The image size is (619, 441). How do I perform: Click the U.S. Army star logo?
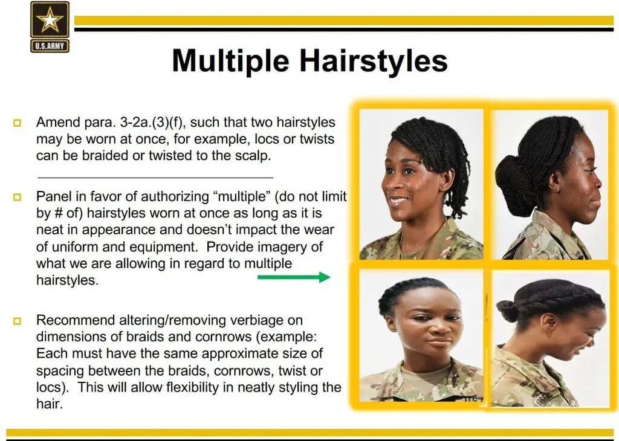pyautogui.click(x=50, y=27)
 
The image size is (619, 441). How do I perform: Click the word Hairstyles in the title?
pyautogui.click(x=374, y=61)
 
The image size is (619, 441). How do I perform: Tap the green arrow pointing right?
pyautogui.click(x=294, y=277)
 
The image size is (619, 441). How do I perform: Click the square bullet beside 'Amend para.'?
pyautogui.click(x=17, y=123)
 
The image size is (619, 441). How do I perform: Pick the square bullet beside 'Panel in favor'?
pyautogui.click(x=17, y=197)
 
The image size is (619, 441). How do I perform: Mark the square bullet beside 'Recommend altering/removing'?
pyautogui.click(x=17, y=321)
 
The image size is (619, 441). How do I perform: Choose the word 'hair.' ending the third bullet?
pyautogui.click(x=50, y=404)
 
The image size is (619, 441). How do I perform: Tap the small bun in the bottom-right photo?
pyautogui.click(x=508, y=310)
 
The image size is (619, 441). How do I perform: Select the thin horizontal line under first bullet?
pyautogui.click(x=155, y=178)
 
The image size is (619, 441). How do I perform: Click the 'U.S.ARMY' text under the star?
pyautogui.click(x=50, y=46)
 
